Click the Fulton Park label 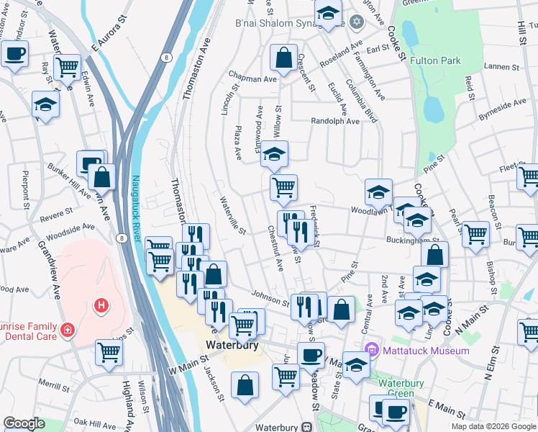435,61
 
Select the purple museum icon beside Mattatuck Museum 372,351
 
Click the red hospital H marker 101,306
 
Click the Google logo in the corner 24,423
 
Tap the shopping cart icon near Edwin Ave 67,67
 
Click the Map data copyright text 493,426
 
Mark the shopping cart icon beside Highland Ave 109,352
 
